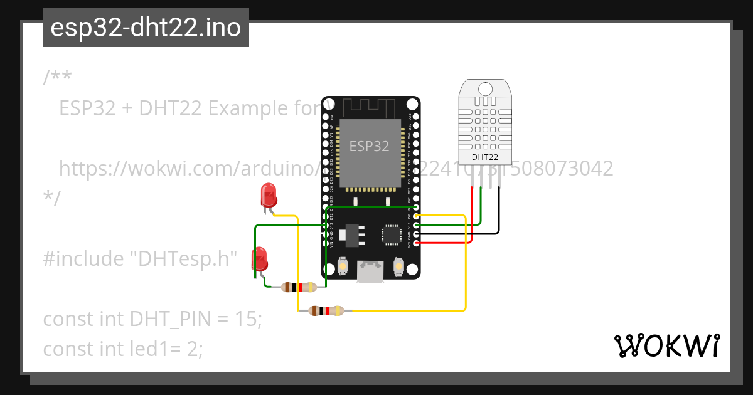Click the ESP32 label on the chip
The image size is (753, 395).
click(369, 147)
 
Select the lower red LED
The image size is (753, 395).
click(259, 258)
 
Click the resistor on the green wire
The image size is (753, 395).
click(299, 287)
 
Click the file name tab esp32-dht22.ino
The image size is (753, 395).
click(146, 28)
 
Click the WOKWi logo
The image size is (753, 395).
click(666, 345)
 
